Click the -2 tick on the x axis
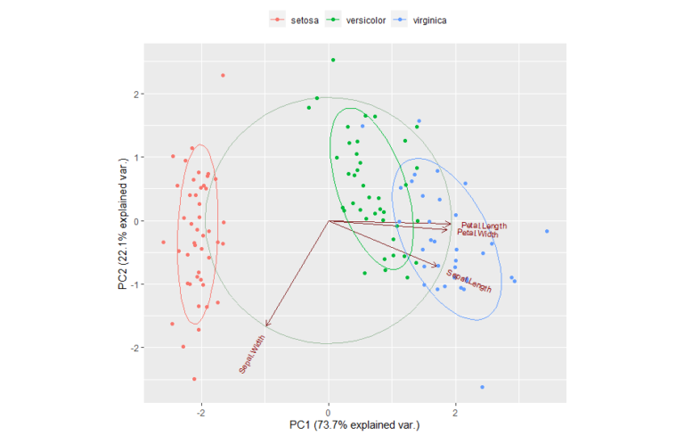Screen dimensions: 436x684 coord(201,412)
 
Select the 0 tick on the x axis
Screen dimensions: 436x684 coord(329,412)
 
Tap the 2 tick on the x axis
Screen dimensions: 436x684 coord(456,412)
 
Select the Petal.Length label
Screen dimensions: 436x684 coord(484,226)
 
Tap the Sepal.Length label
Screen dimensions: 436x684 coord(469,282)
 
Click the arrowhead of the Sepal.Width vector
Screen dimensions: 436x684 coord(266,325)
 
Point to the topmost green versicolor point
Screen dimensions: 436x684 coord(333,60)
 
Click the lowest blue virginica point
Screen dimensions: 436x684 coord(482,387)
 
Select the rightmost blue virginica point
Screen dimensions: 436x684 coord(547,232)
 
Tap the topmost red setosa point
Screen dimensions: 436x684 coord(223,75)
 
